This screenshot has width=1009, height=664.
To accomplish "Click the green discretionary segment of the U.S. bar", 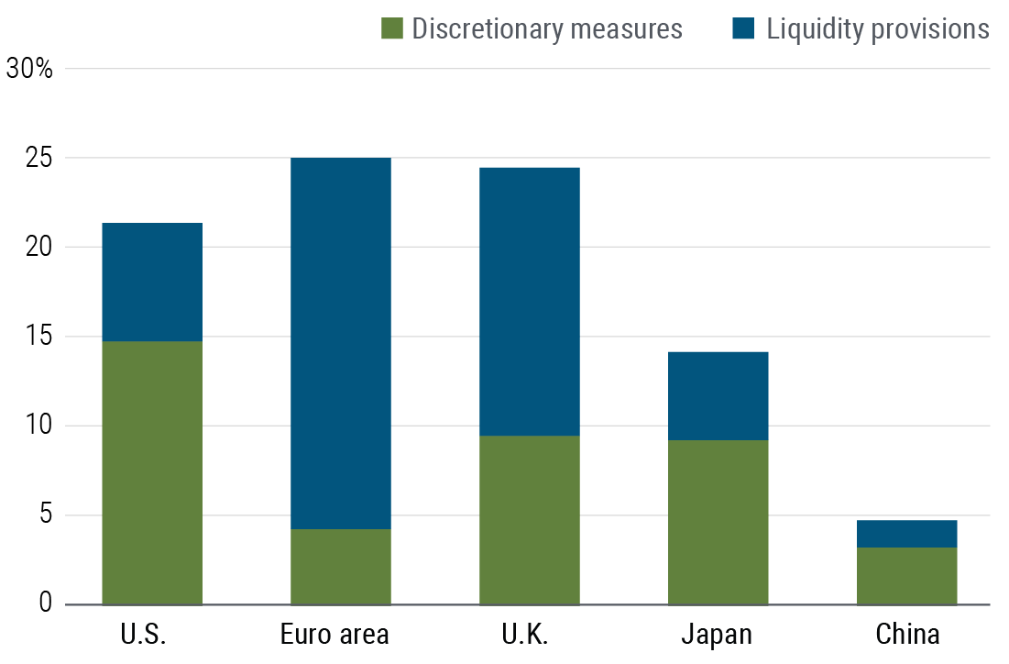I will (152, 472).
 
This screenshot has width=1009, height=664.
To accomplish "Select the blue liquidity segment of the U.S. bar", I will (152, 282).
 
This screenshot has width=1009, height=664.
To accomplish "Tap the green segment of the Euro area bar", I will (341, 566).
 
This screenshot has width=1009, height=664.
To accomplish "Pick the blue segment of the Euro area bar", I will (341, 343).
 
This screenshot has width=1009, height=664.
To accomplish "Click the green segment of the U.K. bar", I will (530, 519).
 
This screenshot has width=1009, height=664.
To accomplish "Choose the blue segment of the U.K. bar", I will (530, 301).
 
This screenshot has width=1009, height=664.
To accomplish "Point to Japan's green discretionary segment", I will (718, 522).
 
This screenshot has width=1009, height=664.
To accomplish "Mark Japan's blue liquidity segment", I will (718, 395).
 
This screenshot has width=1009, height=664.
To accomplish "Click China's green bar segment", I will (907, 575).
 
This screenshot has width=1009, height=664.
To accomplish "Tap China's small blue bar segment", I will (907, 534).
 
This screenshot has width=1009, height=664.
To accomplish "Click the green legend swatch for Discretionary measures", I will (391, 29).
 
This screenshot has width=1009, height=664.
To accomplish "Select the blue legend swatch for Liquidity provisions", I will (743, 29).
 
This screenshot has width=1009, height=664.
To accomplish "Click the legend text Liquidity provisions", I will (878, 29).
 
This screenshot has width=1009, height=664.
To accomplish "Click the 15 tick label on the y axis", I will (41, 337).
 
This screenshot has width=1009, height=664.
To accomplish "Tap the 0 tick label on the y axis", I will (47, 603).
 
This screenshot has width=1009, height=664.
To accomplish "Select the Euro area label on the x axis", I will (335, 635).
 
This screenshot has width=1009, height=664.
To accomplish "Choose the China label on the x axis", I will (907, 635).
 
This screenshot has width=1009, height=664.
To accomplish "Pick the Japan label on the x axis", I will (716, 635).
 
